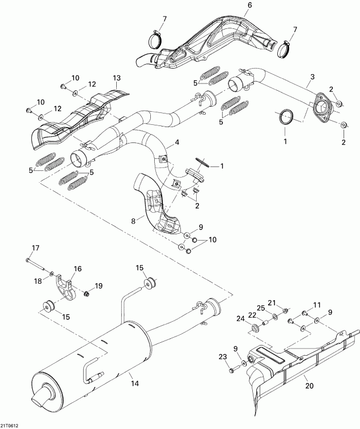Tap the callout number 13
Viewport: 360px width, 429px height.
point(117,77)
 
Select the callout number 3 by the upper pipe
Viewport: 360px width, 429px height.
point(312,77)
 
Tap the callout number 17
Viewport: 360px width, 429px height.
point(35,247)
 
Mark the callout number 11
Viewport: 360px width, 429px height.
point(317,306)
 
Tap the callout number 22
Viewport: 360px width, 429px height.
point(252,315)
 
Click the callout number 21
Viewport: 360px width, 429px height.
point(272,302)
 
